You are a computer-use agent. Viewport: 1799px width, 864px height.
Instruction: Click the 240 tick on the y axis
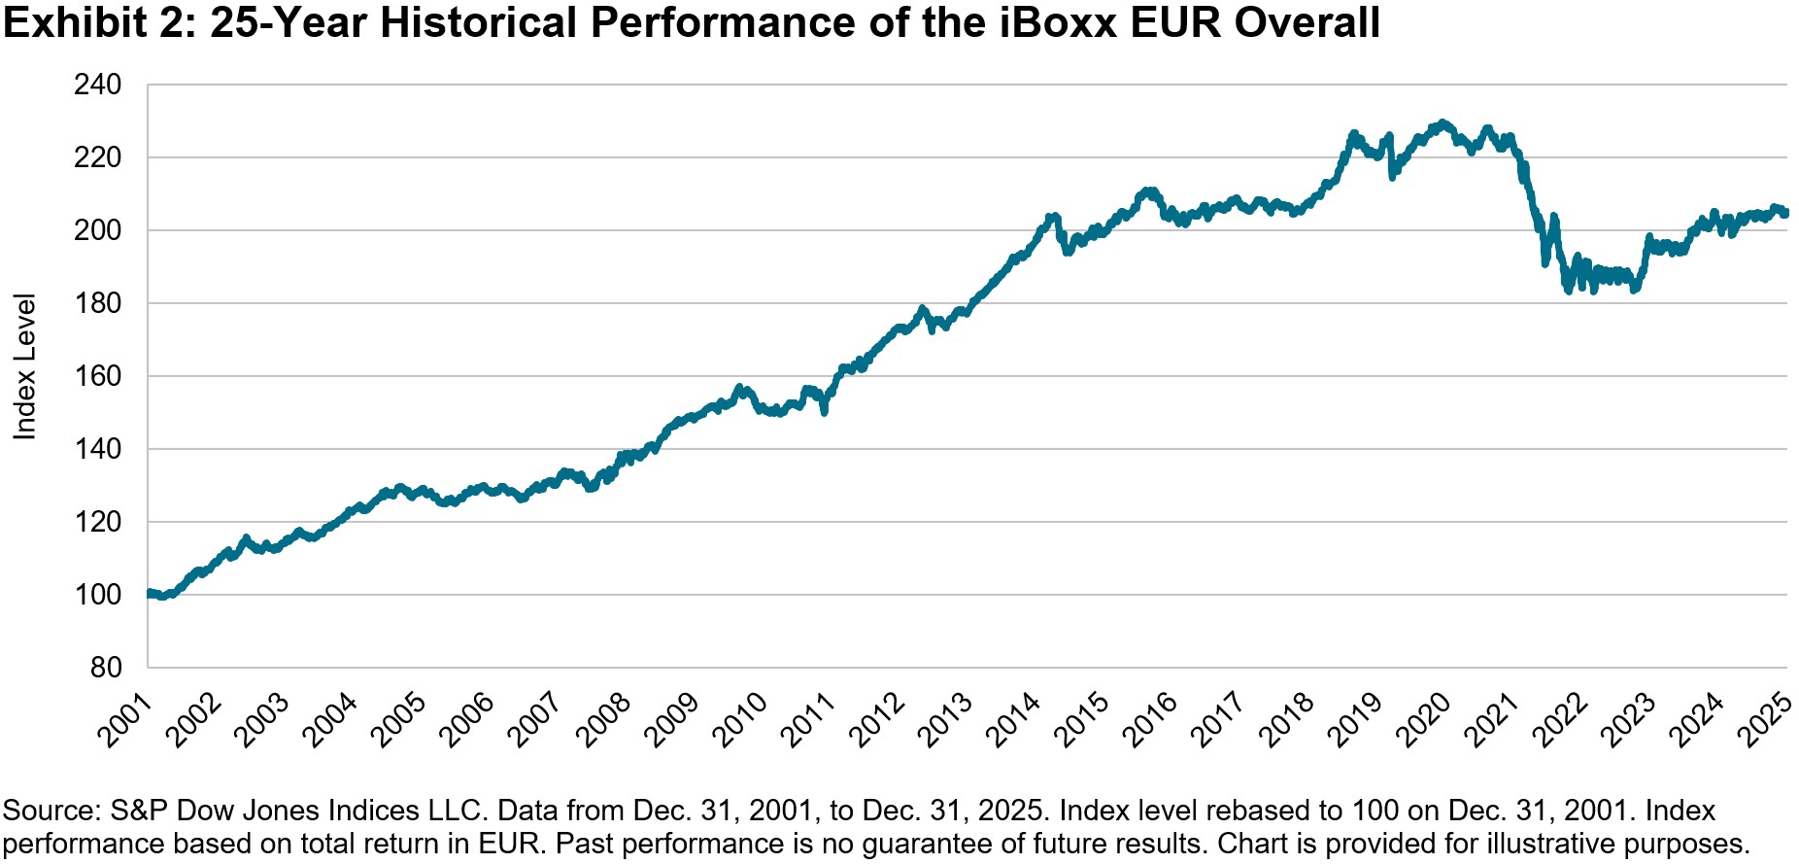98,86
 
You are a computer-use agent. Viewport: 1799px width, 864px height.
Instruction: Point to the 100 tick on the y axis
98,595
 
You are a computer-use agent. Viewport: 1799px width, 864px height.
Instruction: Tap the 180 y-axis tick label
98,303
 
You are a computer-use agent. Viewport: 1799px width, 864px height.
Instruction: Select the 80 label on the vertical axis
106,668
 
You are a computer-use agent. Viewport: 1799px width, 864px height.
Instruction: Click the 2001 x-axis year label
125,719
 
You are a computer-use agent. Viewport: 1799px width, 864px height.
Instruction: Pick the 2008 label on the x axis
603,719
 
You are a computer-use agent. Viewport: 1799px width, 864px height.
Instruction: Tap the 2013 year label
945,719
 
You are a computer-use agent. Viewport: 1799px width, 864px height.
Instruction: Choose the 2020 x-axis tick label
1423,719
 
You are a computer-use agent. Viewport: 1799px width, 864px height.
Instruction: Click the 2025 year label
1765,719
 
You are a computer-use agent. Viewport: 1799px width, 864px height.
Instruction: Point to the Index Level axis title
24,366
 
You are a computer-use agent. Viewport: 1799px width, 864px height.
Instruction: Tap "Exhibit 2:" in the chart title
100,22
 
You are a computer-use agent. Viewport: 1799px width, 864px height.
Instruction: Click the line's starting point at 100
149,593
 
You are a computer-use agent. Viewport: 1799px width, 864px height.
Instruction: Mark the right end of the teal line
1786,212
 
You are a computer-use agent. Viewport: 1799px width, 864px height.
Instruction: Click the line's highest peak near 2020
1443,122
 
